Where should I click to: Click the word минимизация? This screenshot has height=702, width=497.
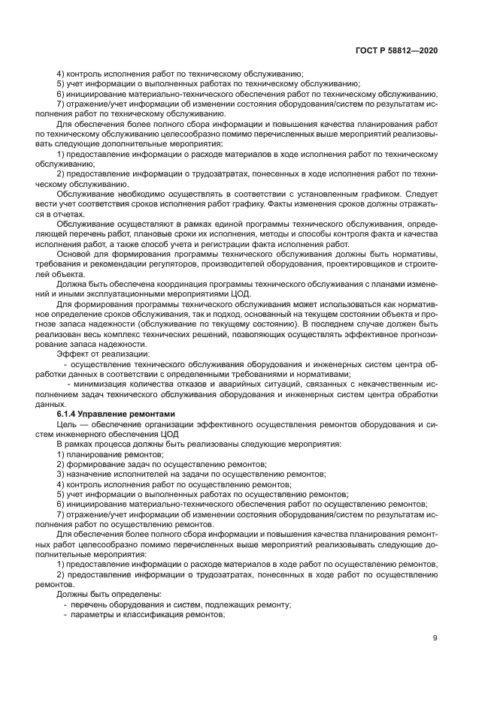pyautogui.click(x=103, y=383)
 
